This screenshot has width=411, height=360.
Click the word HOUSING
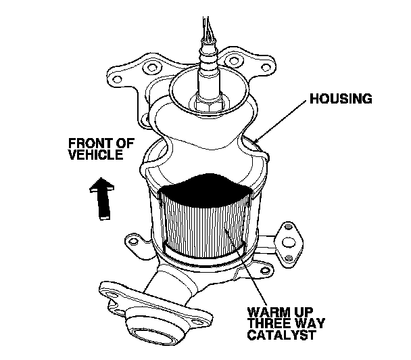tap(341, 99)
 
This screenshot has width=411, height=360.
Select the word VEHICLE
tap(95, 155)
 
